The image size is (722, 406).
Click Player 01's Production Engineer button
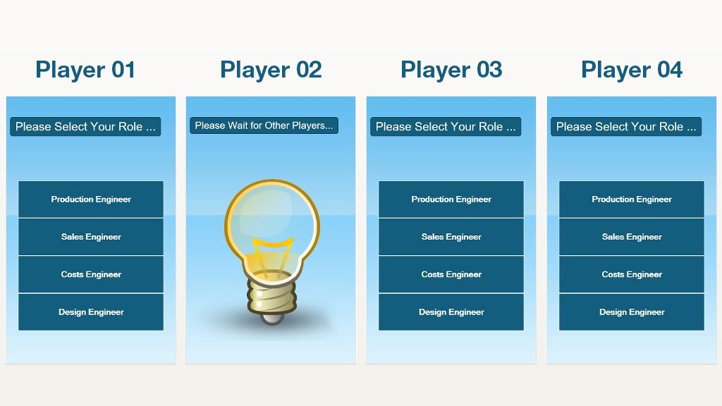(91, 199)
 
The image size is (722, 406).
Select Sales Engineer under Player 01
(91, 237)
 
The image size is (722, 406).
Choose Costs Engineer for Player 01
(91, 274)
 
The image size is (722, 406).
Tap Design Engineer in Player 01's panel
(91, 312)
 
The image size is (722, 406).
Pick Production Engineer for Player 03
(451, 199)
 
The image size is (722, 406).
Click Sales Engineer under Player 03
(451, 237)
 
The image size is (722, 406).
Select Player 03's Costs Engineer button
(451, 274)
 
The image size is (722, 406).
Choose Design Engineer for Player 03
(451, 312)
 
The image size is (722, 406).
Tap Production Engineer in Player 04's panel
(632, 199)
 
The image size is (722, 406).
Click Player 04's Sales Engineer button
(632, 237)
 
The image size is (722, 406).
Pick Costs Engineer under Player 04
(632, 274)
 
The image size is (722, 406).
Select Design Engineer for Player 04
(632, 312)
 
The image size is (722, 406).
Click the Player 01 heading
(85, 70)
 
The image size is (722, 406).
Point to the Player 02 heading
(271, 70)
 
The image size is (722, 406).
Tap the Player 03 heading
(451, 70)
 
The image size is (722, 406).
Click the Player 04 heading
(632, 70)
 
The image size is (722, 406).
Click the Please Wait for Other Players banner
(264, 125)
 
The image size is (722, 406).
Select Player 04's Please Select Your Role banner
(626, 127)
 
